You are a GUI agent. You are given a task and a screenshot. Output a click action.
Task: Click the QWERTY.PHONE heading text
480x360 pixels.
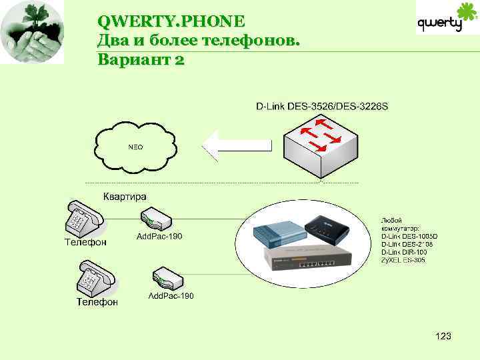pos(171,21)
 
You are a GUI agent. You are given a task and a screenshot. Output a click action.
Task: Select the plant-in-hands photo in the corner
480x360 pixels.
pos(32,32)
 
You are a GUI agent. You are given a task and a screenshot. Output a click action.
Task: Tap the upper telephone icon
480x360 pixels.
pos(83,217)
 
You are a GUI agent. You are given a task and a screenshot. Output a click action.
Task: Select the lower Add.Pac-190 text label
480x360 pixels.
pos(171,295)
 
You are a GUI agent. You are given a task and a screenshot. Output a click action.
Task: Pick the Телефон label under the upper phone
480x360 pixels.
pos(85,242)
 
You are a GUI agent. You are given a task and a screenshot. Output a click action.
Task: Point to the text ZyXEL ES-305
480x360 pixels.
pos(403,260)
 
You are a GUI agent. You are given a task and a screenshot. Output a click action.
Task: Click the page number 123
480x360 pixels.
pos(443,337)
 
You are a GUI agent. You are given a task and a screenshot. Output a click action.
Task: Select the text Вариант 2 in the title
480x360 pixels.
pos(141,59)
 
